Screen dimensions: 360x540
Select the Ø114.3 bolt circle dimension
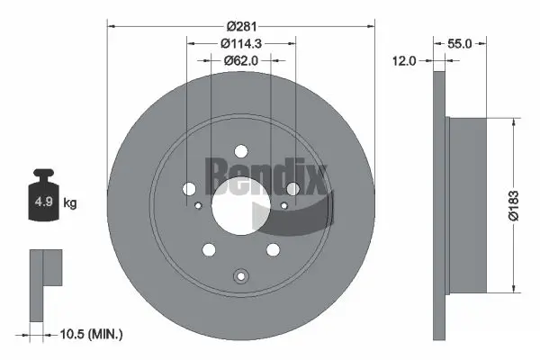pos(240,42)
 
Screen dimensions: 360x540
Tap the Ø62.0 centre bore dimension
pos(240,60)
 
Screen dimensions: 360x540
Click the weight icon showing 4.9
pos(42,199)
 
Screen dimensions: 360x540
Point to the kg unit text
pos(69,203)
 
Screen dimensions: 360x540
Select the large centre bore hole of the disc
pos(240,206)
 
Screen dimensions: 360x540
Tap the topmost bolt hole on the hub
pos(240,153)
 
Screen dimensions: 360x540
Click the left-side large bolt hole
pos(187,188)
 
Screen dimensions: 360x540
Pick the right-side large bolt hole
pos(292,188)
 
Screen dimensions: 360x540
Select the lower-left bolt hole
pos(209,249)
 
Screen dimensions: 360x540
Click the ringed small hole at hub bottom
pos(240,276)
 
